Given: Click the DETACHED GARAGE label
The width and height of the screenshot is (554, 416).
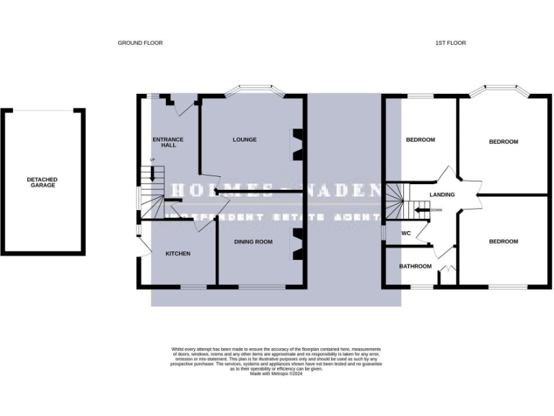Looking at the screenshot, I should click(42, 182).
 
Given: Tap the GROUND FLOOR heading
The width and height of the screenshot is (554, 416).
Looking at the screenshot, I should click(141, 43).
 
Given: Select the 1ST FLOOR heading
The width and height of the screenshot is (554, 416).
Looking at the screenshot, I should click(451, 43).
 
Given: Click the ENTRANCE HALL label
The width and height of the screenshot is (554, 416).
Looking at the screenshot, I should click(168, 142).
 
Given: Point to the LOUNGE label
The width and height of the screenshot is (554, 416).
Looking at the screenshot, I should click(245, 139).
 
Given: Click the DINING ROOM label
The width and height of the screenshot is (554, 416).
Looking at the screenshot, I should click(253, 242).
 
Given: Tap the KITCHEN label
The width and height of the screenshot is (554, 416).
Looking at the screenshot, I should click(178, 253).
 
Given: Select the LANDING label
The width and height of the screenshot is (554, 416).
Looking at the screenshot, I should click(441, 195).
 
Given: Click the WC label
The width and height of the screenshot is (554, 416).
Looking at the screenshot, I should click(405, 233).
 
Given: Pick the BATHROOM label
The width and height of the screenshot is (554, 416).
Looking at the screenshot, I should click(415, 266).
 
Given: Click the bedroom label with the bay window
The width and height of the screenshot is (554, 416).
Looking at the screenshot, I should click(504, 142).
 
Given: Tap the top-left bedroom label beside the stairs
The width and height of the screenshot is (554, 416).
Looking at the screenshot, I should click(420, 139).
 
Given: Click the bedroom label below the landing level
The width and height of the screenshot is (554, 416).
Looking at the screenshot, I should click(504, 241).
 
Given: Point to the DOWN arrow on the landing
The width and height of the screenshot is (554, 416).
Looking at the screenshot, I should click(426, 210).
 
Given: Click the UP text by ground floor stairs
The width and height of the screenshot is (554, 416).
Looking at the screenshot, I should click(152, 160).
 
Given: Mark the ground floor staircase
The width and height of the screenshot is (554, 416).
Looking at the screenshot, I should click(153, 193).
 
